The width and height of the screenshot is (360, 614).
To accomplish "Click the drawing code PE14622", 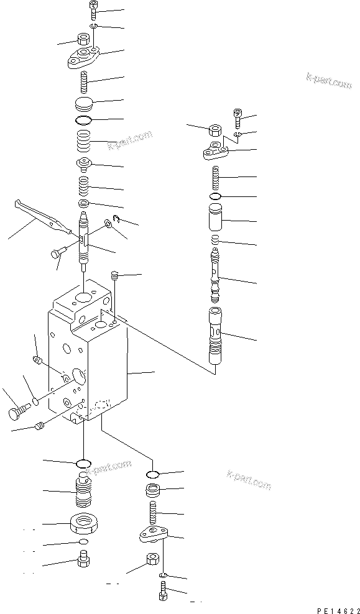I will [335, 610].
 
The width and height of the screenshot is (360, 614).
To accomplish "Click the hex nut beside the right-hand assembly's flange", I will [213, 131].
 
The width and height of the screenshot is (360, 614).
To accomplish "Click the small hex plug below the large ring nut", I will [83, 562].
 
